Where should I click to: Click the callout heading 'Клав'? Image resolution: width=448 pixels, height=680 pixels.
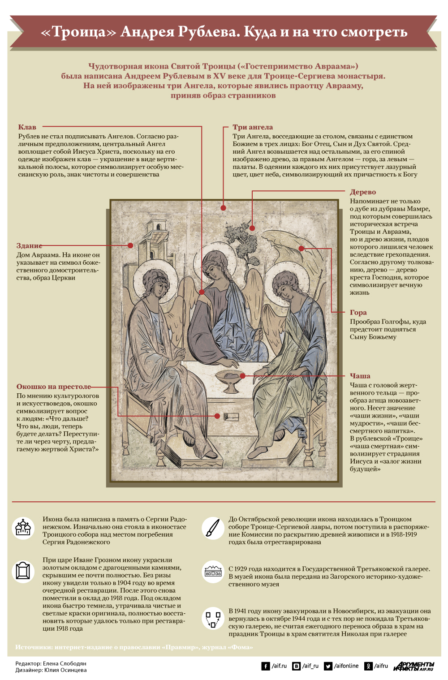coord(27,127)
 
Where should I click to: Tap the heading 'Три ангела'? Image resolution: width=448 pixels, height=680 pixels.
coord(253,127)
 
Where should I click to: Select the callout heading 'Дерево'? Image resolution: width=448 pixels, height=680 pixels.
coord(363,192)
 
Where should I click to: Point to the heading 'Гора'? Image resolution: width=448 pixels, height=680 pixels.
coord(358,312)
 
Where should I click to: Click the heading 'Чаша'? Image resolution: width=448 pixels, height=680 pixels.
coord(360,376)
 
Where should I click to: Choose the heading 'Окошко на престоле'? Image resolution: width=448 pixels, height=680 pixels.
coord(54,387)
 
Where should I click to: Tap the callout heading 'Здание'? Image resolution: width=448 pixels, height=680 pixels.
coord(29,245)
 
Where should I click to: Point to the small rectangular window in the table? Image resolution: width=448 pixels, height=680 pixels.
coord(231,416)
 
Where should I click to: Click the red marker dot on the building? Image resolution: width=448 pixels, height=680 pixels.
coord(130,245)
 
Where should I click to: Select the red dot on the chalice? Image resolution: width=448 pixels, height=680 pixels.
coord(242,376)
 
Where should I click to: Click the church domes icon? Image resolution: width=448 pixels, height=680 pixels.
coord(23,529)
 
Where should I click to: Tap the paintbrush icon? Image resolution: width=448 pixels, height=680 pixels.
coord(213,528)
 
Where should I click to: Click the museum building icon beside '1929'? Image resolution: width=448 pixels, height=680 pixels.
coord(213,571)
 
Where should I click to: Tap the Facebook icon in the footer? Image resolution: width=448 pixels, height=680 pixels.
coord(266,666)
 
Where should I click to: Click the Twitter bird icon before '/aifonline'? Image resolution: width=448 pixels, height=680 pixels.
coord(328,666)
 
